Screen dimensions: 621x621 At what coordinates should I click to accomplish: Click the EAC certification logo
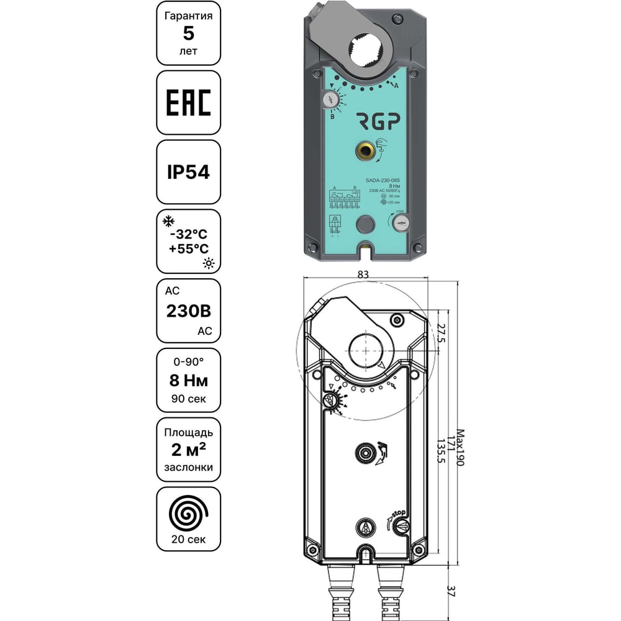tap(188, 102)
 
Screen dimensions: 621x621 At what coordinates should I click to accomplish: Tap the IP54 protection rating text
tap(188, 171)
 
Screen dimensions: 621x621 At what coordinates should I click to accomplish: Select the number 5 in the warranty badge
tap(188, 34)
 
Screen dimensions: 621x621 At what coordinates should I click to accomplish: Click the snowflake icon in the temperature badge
tap(166, 222)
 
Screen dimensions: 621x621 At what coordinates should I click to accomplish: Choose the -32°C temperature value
tap(188, 235)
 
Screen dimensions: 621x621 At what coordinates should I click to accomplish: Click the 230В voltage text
tap(188, 311)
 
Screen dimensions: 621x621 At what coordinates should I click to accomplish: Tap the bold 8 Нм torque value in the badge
tap(188, 380)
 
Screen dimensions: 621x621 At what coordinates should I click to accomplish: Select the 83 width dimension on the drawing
tap(364, 274)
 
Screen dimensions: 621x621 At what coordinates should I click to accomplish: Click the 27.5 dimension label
tap(442, 333)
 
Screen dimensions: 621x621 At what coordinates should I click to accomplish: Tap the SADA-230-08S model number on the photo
tap(386, 178)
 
